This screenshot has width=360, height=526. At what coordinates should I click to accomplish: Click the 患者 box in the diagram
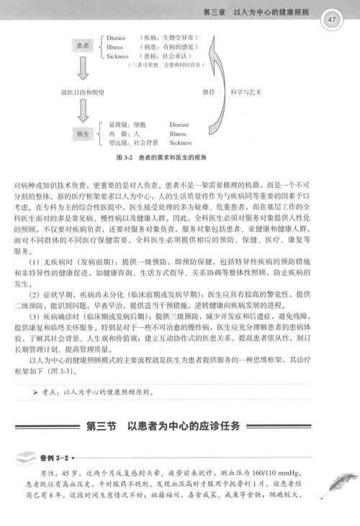coord(82,45)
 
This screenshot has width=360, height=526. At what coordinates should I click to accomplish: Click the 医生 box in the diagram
coord(82,134)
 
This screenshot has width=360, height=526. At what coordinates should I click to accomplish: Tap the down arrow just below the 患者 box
coord(82,69)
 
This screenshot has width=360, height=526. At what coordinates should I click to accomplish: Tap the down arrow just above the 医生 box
coord(82,109)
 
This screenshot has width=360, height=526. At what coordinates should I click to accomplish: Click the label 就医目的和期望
coord(82,91)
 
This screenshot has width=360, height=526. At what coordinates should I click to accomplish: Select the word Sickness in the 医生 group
coord(181,142)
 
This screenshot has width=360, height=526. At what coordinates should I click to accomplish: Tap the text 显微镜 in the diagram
coord(117,124)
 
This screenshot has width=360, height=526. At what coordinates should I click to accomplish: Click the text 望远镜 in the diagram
coord(117,142)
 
